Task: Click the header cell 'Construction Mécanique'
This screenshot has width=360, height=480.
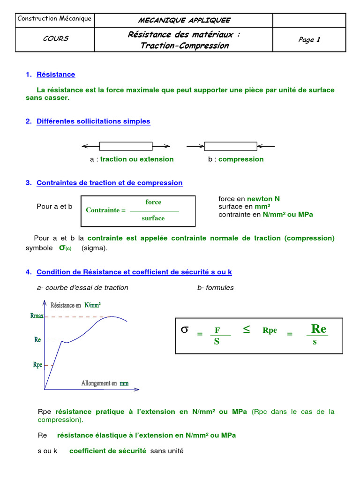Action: [54, 19]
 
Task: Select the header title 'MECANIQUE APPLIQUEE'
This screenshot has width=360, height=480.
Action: [184, 20]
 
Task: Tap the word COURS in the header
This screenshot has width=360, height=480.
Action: [55, 39]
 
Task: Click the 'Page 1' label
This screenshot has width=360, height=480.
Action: [309, 39]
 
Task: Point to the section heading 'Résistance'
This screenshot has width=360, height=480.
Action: [56, 75]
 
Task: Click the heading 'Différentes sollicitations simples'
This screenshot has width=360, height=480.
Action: [93, 121]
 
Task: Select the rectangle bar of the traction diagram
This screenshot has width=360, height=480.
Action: [126, 146]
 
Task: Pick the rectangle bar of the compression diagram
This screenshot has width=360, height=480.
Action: [230, 146]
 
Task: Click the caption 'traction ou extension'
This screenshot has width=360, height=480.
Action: [137, 159]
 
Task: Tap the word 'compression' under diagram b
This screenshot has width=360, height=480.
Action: [241, 159]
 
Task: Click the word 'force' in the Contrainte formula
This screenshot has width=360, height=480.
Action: [153, 202]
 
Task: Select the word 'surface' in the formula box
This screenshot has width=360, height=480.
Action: [153, 218]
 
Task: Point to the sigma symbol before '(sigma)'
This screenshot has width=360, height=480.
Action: [61, 247]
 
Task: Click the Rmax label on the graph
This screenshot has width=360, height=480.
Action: [37, 316]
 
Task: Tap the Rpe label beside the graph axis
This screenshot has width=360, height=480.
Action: [37, 364]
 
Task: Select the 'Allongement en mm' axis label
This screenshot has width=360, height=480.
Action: [105, 383]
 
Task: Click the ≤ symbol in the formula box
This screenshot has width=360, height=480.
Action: [247, 330]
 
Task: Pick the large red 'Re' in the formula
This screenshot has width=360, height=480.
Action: [319, 328]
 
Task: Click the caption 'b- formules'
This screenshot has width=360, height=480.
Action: [216, 288]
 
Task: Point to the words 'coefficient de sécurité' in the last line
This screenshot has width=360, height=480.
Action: [108, 451]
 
